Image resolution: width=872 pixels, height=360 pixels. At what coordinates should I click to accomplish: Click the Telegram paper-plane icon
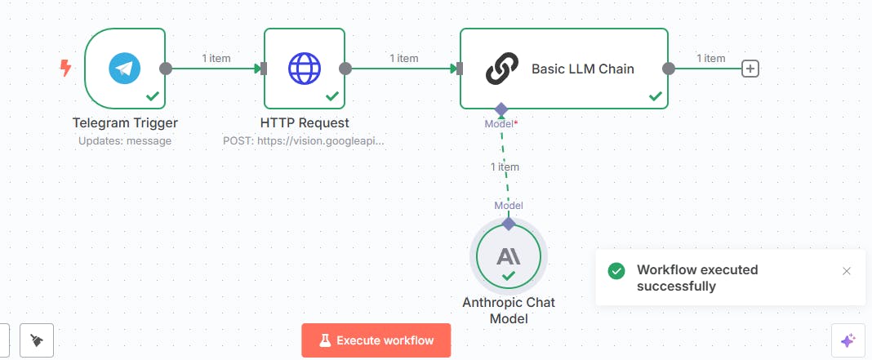click(x=125, y=69)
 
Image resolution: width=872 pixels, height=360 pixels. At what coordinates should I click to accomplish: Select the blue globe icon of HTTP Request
click(x=305, y=69)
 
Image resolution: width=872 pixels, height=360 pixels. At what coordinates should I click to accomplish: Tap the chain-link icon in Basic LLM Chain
click(x=501, y=69)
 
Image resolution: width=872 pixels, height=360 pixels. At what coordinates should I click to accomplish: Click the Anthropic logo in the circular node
click(x=509, y=256)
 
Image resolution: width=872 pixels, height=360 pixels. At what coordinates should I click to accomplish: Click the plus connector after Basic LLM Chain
click(x=750, y=69)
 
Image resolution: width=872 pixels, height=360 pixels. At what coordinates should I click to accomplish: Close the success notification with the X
click(x=847, y=271)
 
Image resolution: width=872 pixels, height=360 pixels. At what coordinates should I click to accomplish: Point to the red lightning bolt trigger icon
click(x=65, y=69)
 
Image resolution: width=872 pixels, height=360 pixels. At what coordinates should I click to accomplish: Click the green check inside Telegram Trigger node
click(x=153, y=97)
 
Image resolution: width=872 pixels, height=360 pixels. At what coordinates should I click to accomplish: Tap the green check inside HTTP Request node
click(x=332, y=97)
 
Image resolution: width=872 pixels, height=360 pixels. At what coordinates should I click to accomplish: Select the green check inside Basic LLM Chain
click(x=656, y=97)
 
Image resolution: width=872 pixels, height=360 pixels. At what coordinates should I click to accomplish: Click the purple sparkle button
click(x=848, y=340)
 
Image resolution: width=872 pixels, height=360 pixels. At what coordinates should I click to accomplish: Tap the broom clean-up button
click(x=37, y=340)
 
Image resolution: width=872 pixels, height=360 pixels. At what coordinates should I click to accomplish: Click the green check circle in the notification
click(x=616, y=271)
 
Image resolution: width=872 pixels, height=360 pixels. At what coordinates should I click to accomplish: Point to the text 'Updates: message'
click(x=125, y=140)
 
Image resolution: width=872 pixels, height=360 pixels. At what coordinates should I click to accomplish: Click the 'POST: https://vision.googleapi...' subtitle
click(x=304, y=140)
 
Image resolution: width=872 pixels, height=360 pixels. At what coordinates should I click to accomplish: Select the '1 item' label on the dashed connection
click(x=505, y=167)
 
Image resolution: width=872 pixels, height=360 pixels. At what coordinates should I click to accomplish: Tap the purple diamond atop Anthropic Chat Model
click(x=509, y=224)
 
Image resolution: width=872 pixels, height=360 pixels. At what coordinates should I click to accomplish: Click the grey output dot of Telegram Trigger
click(x=165, y=69)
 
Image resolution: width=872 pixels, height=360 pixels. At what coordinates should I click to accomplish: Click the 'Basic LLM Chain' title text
click(x=583, y=69)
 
